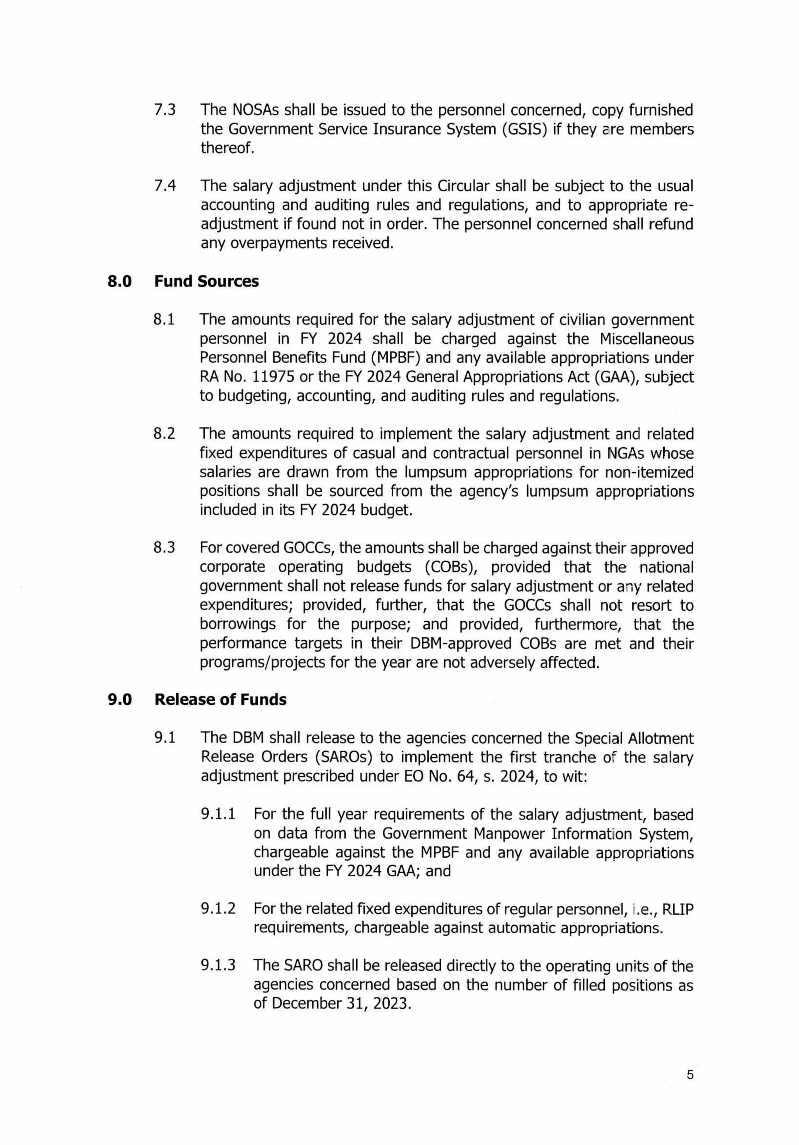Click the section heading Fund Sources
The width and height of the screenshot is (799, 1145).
tap(206, 281)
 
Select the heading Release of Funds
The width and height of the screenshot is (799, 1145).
tap(220, 700)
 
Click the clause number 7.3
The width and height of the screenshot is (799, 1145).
tap(165, 110)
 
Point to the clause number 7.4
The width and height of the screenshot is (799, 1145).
tap(165, 186)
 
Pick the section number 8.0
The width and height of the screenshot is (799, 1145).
tap(120, 281)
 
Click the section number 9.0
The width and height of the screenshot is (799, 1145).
tap(120, 700)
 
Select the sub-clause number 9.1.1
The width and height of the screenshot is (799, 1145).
tap(218, 814)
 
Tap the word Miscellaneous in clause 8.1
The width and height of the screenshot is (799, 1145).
tap(646, 339)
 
